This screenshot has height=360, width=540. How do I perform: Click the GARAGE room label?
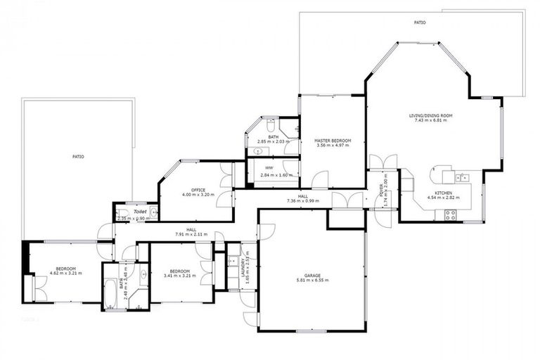312,275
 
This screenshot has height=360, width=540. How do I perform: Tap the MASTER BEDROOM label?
332,141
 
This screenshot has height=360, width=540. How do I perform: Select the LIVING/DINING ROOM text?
431,115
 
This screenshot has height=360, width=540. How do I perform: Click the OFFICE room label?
198,190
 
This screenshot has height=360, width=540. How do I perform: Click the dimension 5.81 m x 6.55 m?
312,280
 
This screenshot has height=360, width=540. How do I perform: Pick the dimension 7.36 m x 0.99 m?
302,201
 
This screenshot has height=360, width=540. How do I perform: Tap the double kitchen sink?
463,176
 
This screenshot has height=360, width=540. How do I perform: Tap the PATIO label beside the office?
78,156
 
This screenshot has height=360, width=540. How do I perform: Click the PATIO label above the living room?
419,22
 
